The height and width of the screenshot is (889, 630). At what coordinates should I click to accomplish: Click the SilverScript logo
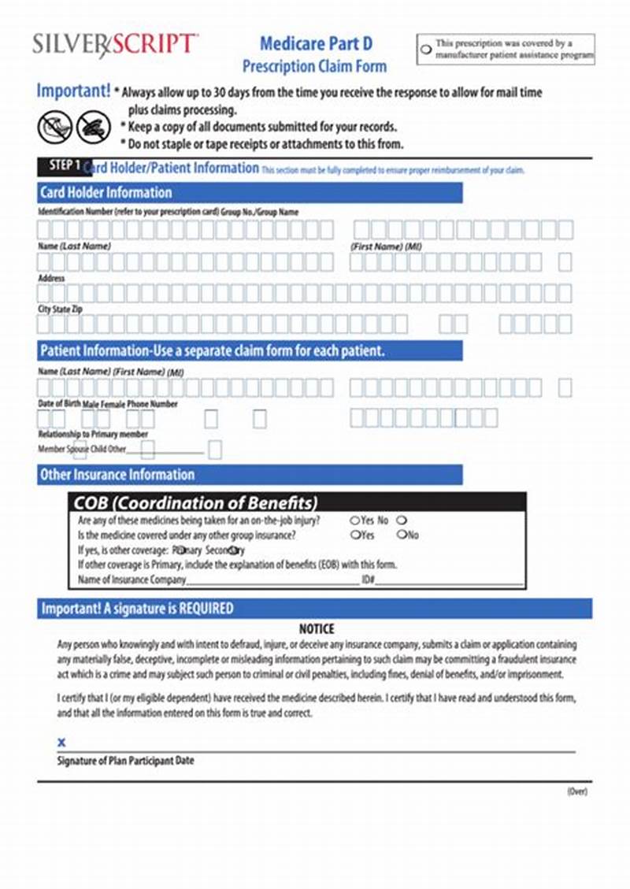tap(115, 45)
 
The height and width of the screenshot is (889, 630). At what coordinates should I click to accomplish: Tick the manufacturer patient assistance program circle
tap(425, 49)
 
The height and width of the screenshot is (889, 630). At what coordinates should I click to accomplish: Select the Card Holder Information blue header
tap(106, 192)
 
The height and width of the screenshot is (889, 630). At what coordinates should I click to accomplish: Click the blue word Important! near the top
tap(72, 91)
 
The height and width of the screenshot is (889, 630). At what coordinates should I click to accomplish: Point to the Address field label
tap(51, 278)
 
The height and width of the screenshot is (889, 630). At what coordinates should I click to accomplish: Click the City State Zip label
tap(60, 309)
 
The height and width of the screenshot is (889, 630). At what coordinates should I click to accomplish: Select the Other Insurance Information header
tap(117, 474)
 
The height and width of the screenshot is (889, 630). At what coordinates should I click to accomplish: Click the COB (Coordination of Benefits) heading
tap(195, 502)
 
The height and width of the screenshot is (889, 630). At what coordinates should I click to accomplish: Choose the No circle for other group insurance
tap(402, 535)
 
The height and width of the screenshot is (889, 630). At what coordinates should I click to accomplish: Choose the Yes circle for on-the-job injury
tap(354, 520)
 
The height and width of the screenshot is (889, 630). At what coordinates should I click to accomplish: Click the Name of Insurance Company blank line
tap(272, 580)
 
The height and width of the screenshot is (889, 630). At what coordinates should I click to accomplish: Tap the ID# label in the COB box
tap(368, 580)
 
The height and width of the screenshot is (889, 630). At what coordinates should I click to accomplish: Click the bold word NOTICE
tap(317, 628)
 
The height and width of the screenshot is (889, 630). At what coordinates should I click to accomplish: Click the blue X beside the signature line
tap(61, 743)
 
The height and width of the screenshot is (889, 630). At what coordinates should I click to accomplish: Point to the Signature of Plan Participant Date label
tap(125, 761)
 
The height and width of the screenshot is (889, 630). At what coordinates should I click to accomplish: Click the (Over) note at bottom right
tap(576, 791)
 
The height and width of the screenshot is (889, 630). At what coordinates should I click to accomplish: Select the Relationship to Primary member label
tap(93, 434)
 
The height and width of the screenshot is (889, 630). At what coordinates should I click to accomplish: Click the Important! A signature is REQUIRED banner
tap(137, 609)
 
